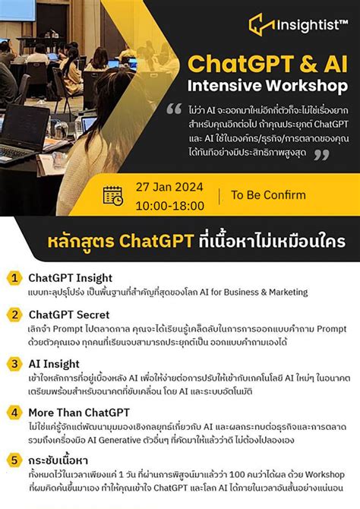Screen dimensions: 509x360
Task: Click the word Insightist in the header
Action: click(308, 24)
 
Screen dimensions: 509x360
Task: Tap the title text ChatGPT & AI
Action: click(267, 61)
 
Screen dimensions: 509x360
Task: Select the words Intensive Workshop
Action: click(267, 84)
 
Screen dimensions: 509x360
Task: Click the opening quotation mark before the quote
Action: click(175, 108)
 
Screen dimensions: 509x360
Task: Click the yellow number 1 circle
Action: click(14, 278)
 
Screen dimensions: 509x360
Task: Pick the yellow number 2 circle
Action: click(14, 315)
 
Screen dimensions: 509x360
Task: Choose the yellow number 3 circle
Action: click(14, 364)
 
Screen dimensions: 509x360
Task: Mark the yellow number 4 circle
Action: click(14, 413)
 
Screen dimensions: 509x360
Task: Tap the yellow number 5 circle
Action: click(14, 461)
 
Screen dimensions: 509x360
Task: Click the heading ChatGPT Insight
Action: click(69, 278)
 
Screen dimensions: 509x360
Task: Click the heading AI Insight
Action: click(54, 364)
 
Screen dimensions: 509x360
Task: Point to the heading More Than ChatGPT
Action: click(79, 413)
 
